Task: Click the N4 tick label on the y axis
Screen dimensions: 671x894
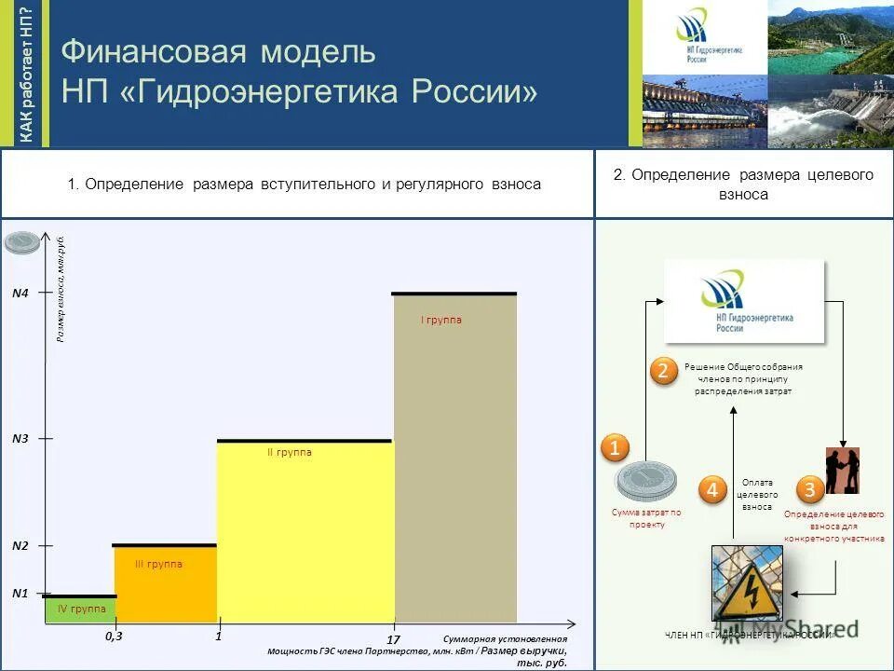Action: click(20, 294)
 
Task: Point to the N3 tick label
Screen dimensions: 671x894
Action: click(20, 438)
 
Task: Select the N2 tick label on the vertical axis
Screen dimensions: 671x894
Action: click(20, 546)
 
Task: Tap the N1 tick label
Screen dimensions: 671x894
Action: click(20, 593)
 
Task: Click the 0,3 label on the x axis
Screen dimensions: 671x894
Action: click(114, 637)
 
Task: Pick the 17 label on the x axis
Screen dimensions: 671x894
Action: click(393, 639)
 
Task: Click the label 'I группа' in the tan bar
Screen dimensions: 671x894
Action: click(441, 321)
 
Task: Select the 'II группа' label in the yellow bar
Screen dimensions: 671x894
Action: click(290, 453)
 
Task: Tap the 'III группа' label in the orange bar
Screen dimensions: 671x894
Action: click(158, 564)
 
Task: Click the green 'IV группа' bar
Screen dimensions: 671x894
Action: click(81, 609)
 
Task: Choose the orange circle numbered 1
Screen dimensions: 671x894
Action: click(615, 448)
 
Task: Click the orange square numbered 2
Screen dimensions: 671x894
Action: click(663, 371)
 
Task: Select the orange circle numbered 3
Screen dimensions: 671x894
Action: click(809, 489)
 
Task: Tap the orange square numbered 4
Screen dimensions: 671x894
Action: click(712, 489)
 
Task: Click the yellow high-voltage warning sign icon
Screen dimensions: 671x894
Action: click(747, 583)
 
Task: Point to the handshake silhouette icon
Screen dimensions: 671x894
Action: click(842, 470)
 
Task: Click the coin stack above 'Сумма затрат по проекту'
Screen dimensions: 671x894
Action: click(645, 482)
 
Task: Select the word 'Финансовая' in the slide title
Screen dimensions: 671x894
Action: click(138, 51)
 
